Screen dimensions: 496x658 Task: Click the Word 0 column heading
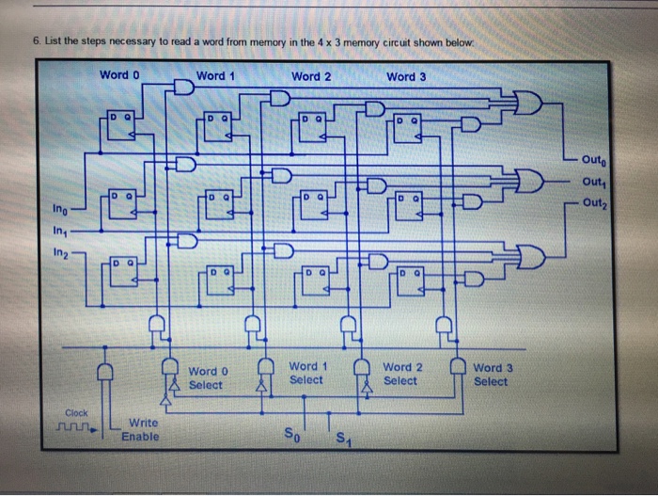(119, 74)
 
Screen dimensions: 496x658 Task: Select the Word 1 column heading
(215, 74)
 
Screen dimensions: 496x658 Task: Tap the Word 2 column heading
(311, 74)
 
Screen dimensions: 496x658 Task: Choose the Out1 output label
(595, 182)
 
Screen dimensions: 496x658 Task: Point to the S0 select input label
(293, 435)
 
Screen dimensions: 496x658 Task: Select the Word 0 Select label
(206, 378)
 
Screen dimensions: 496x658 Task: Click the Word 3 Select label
(491, 375)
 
